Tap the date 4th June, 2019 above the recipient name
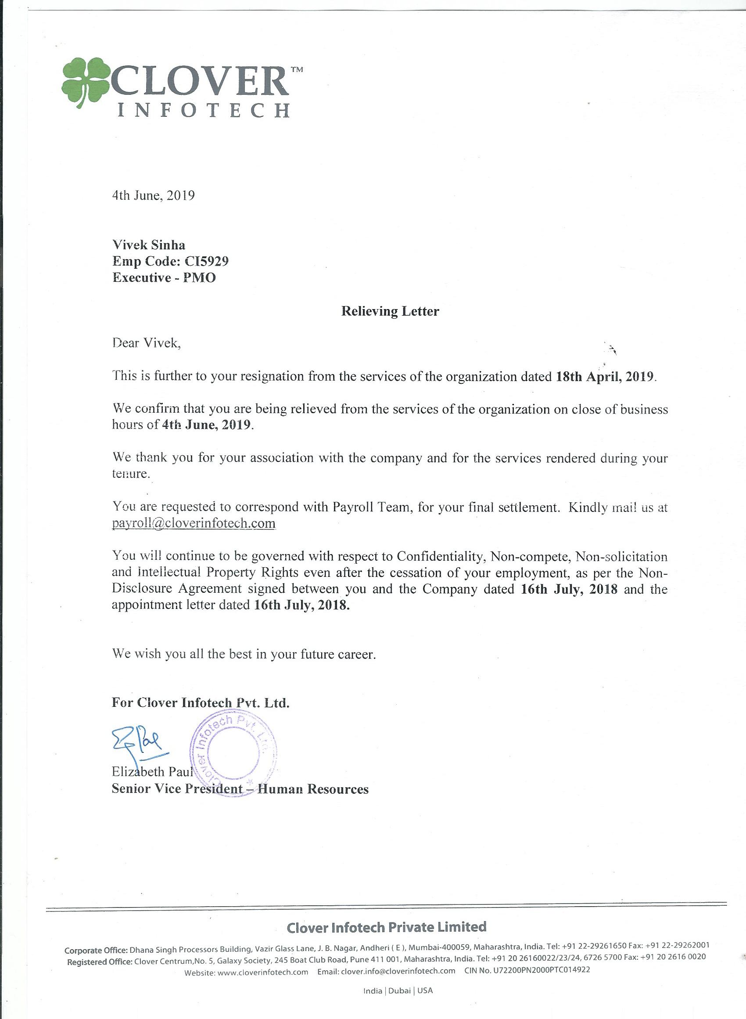point(153,195)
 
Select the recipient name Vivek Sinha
point(149,245)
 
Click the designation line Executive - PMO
point(164,277)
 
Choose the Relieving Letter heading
point(390,311)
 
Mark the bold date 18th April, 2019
point(604,376)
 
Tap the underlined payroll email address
point(194,523)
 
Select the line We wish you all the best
point(244,654)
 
